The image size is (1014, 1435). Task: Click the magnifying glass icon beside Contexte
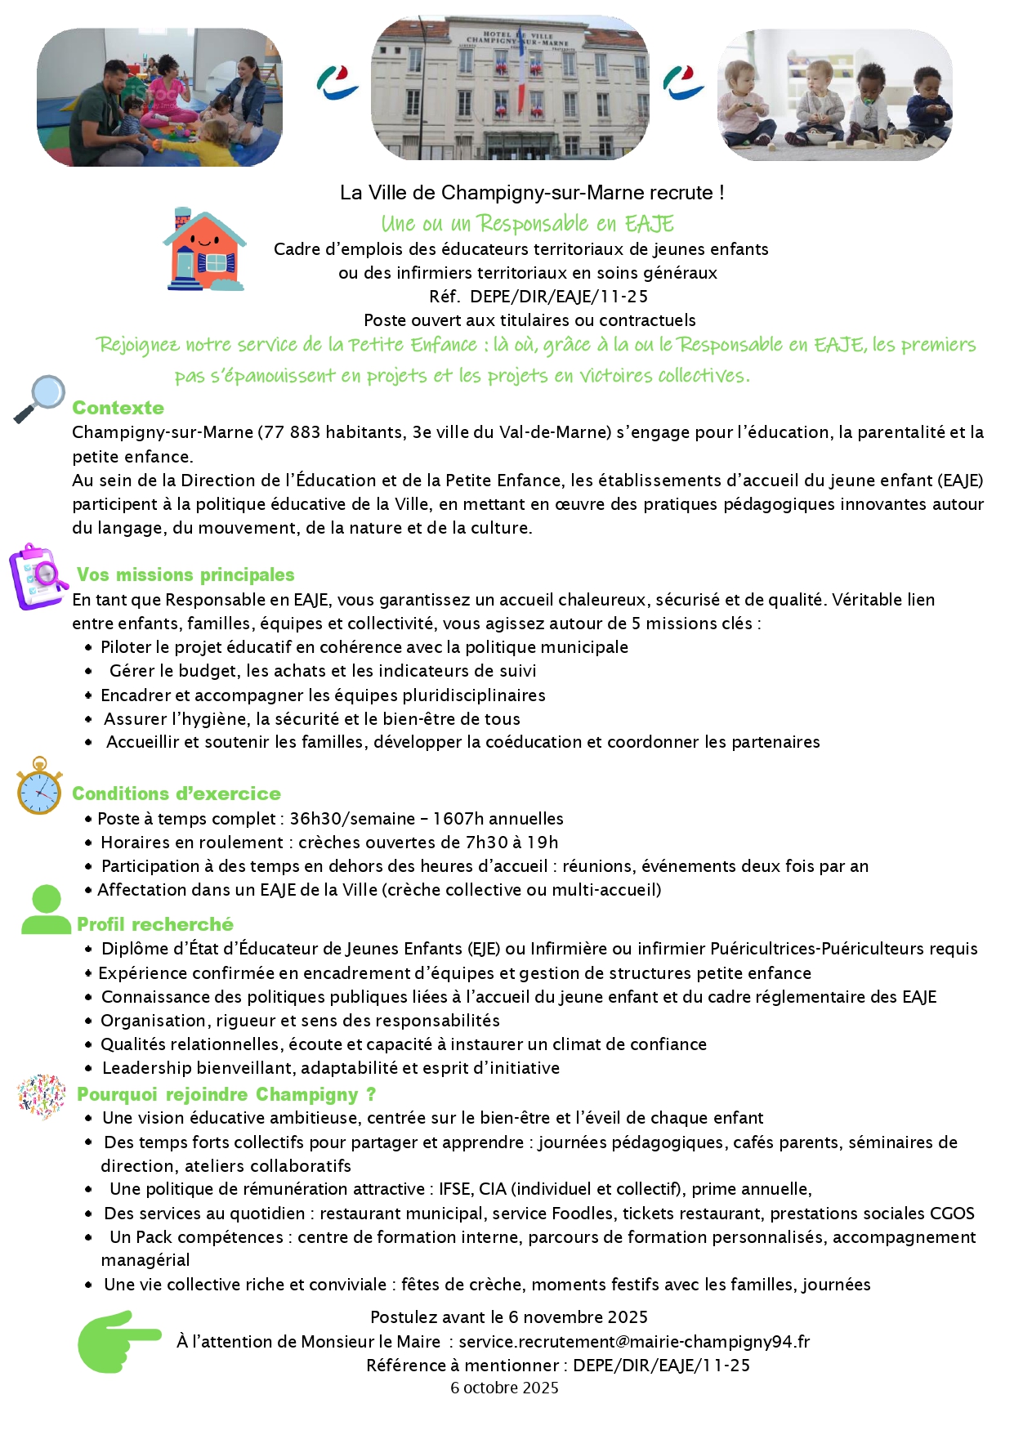click(40, 398)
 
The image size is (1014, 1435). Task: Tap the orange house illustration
click(204, 249)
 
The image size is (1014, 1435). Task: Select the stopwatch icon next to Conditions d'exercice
click(39, 787)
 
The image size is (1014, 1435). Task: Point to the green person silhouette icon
click(46, 910)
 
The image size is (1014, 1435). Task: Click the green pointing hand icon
click(118, 1341)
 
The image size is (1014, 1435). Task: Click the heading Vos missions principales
click(185, 574)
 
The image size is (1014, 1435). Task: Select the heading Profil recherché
click(155, 924)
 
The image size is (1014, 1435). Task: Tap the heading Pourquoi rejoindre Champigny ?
click(226, 1094)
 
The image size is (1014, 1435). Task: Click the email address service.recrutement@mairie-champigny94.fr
click(634, 1341)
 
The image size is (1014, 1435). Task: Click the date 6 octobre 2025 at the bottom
click(504, 1388)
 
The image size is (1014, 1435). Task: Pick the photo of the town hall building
click(510, 88)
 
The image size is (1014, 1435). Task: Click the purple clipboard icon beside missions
click(37, 576)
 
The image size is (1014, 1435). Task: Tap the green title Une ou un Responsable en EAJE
click(527, 223)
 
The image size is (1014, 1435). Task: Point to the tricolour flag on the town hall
click(520, 82)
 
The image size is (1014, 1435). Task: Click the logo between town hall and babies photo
click(683, 83)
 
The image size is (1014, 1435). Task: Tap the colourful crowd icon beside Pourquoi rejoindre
click(41, 1096)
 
